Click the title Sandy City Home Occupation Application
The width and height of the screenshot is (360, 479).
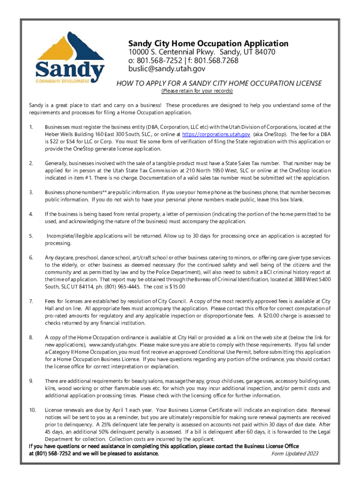[209, 44]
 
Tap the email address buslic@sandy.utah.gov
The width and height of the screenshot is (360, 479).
[167, 68]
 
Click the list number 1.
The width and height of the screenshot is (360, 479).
[31, 127]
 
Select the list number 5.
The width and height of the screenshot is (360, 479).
[31, 236]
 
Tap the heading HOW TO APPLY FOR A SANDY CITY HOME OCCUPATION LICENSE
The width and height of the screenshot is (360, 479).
[219, 83]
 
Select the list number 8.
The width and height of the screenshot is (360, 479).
[31, 337]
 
